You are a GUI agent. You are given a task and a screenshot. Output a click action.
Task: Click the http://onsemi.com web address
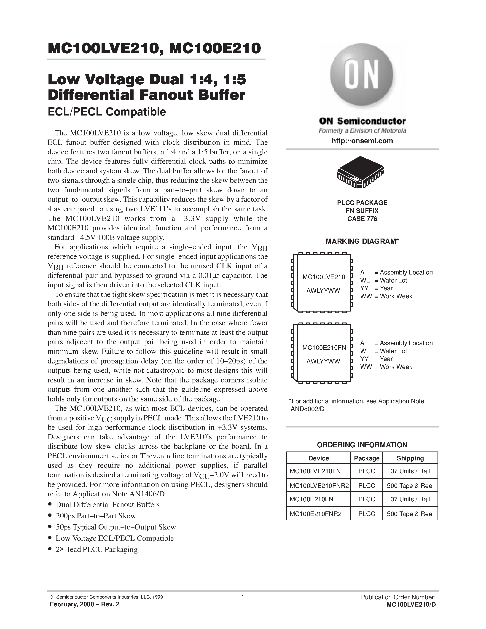coord(362,141)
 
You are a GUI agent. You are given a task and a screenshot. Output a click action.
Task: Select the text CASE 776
coord(362,219)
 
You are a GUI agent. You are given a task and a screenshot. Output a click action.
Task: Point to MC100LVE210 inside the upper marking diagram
coord(324,277)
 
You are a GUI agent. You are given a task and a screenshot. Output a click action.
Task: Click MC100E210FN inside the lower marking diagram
coord(324,348)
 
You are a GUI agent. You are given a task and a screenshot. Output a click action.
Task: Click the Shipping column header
coord(410,458)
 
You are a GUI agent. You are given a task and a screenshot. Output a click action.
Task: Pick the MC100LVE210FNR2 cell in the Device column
coord(319,486)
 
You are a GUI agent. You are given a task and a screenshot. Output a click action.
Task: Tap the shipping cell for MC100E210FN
coord(410,499)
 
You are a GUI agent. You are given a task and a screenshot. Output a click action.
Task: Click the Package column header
coord(367,458)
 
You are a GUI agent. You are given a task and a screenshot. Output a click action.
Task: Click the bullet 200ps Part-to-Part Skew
coord(96,516)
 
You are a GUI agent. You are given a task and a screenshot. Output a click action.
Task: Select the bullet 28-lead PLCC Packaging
coord(97,549)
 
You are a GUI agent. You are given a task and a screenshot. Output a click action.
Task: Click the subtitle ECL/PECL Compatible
coord(107,112)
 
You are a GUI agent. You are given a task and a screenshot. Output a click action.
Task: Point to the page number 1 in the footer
coord(243,597)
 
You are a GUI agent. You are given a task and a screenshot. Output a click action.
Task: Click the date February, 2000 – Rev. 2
coord(84,604)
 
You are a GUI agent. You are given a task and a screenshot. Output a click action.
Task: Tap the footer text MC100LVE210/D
coord(411,605)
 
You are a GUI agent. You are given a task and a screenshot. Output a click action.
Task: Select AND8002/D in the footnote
coord(307,409)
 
